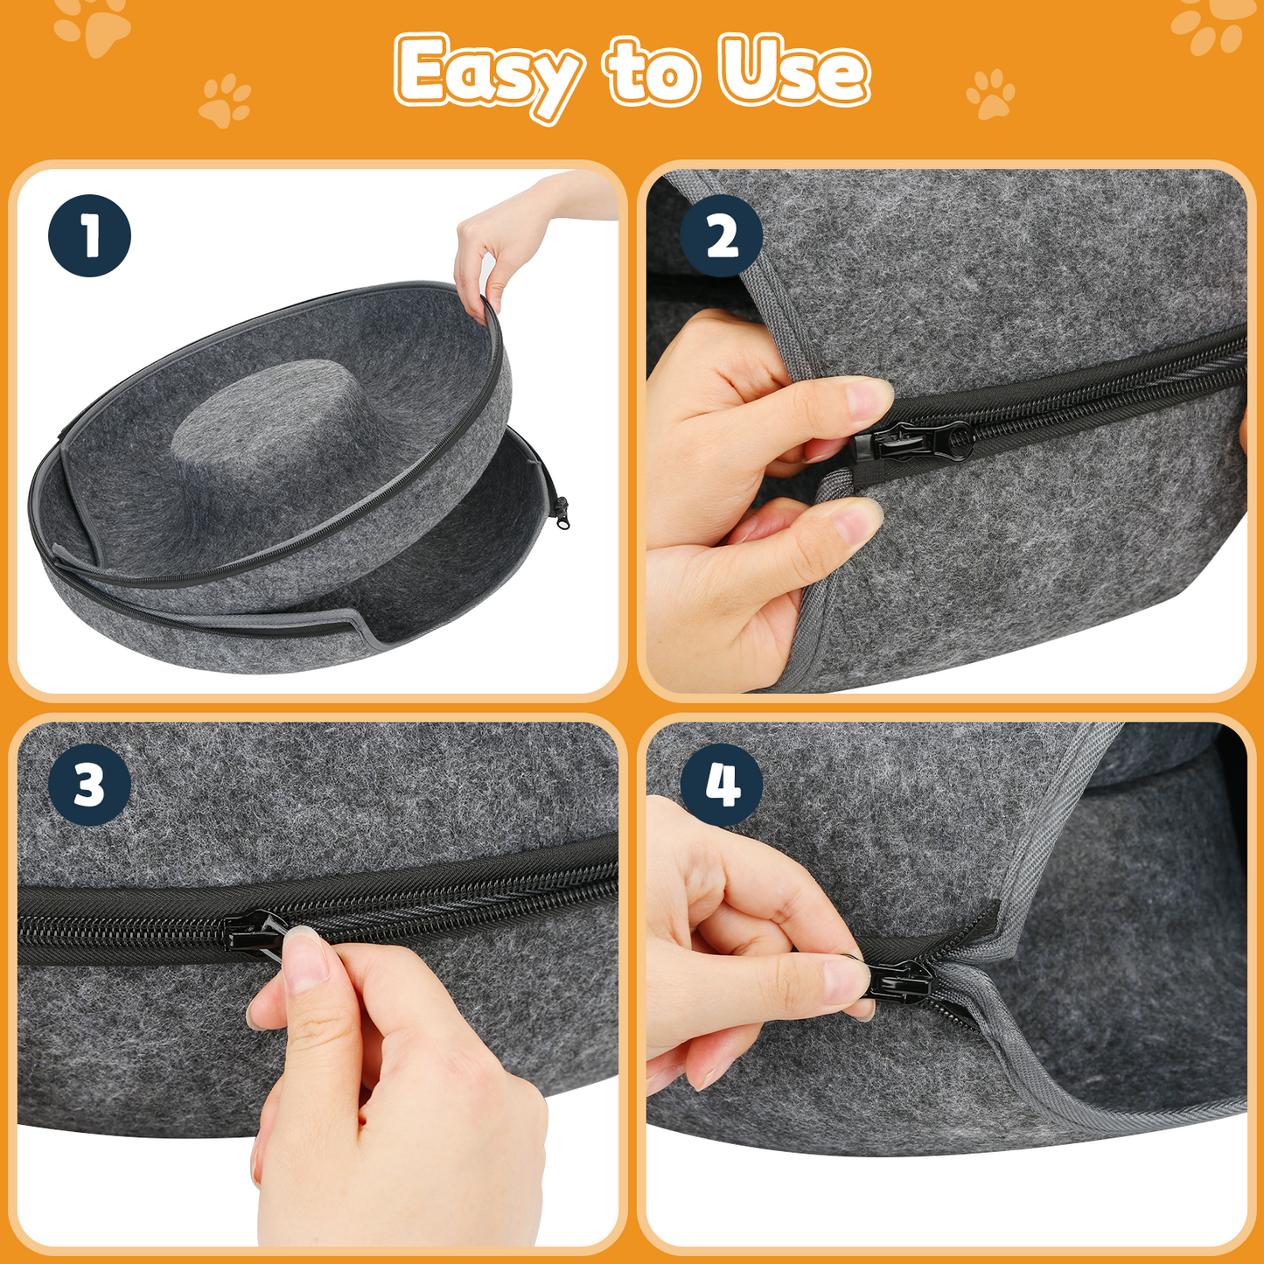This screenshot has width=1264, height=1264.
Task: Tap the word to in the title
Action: coord(652,72)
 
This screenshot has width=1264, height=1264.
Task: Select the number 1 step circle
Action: coord(89,235)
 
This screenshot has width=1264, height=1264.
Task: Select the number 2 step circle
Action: coord(721,235)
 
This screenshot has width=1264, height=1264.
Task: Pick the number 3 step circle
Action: coord(89,785)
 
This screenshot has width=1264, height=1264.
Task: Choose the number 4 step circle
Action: coord(721,785)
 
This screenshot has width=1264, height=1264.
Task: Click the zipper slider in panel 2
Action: coord(914,442)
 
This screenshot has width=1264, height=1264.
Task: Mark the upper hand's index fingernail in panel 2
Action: coord(867,401)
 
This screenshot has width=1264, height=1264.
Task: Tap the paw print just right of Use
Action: coord(991,94)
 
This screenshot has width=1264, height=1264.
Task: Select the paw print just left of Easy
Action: coord(225,101)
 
